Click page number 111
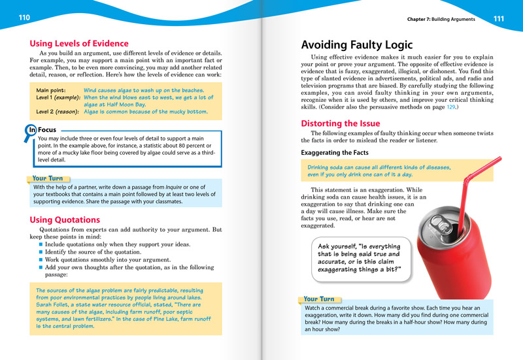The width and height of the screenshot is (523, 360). point(498,18)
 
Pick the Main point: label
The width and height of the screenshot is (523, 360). point(51,90)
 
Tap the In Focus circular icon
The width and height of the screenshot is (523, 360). point(32,130)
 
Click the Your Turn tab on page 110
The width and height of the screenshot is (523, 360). point(48,178)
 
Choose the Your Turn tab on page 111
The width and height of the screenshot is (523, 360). point(319,299)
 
